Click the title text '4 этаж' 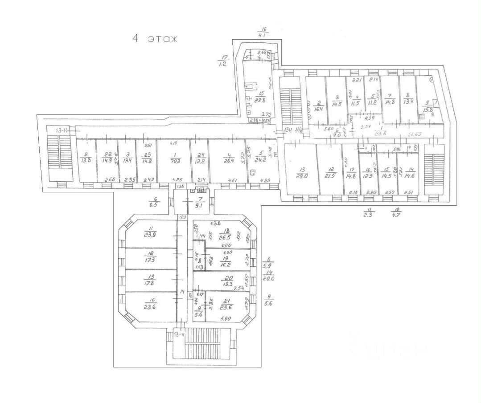[155, 38]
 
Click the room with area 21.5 [330, 171]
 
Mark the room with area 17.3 [150, 258]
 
